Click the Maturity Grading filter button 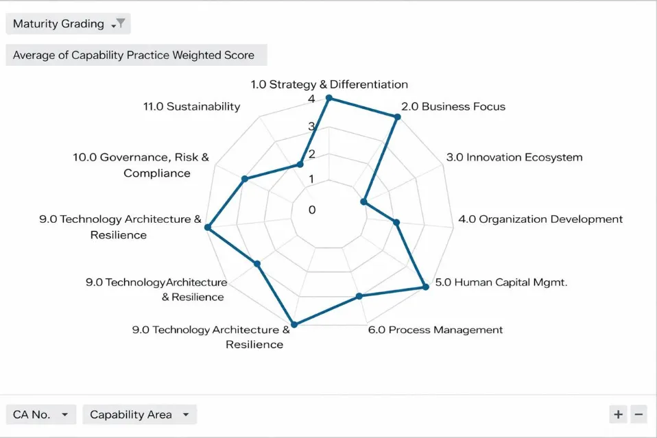coord(68,24)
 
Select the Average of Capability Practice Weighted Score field coord(136,56)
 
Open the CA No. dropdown coord(41,415)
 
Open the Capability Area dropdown coord(139,415)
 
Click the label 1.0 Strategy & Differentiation coord(329,84)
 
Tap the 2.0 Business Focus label coord(453,106)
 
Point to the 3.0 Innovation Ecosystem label coord(514,157)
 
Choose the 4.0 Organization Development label coord(540,219)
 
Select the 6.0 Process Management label coord(435,330)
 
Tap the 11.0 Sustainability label coord(192,106)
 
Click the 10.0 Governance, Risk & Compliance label coord(141,165)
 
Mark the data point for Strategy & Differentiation coord(328,98)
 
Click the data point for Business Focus coord(397,117)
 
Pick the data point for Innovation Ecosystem coord(363,202)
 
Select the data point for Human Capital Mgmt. coord(425,287)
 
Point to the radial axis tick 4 coord(312,99)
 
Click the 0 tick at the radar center coord(312,210)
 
